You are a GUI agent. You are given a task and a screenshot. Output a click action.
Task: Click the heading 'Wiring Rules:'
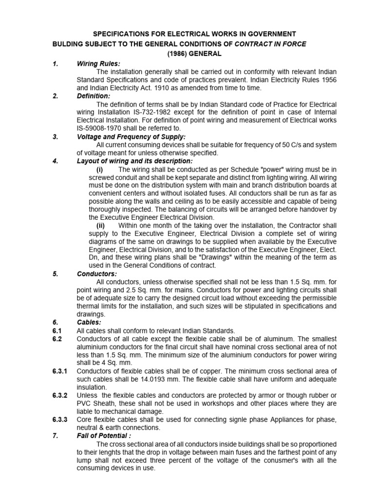click(98, 64)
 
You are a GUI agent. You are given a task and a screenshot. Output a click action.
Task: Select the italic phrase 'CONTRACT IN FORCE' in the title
click(271, 44)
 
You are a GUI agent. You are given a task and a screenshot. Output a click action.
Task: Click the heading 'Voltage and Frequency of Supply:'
click(131, 137)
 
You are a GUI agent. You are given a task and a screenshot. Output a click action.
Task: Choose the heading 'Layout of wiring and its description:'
click(135, 161)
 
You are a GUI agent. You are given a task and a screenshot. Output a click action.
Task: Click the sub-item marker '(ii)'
click(100, 226)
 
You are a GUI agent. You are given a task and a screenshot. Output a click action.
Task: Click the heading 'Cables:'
click(89, 322)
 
